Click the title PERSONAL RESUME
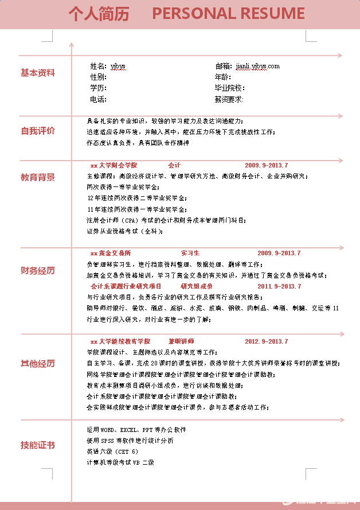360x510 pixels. (x=228, y=14)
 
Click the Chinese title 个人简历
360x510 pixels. (x=99, y=14)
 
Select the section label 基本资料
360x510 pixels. (x=38, y=73)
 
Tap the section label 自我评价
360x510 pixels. (x=38, y=131)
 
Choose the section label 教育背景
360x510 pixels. (x=38, y=177)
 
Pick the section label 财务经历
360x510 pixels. (x=38, y=270)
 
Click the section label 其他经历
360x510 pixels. (x=38, y=363)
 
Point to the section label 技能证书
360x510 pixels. (x=38, y=445)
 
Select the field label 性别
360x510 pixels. (x=98, y=77)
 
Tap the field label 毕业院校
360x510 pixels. (x=229, y=88)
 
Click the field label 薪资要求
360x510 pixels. (x=229, y=99)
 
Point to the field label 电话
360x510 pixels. (x=98, y=99)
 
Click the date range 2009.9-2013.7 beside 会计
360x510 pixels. (x=267, y=165)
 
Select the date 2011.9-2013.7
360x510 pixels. (x=279, y=286)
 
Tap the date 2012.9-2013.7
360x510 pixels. (x=267, y=341)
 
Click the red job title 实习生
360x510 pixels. (x=190, y=253)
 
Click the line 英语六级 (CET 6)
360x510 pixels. (x=112, y=451)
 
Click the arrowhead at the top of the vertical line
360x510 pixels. (x=72, y=44)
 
